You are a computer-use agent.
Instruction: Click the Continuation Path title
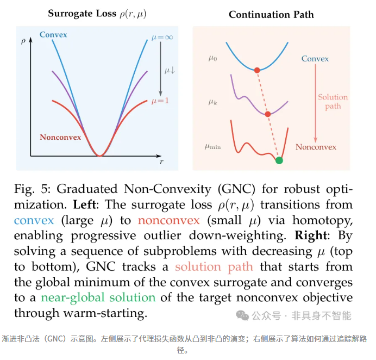pyautogui.click(x=271, y=14)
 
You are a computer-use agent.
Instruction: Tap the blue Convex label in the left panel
pyautogui.click(x=53, y=35)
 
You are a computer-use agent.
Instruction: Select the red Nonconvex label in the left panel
pyautogui.click(x=60, y=138)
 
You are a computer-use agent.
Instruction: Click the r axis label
pyautogui.click(x=161, y=162)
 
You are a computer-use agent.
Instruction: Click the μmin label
pyautogui.click(x=214, y=146)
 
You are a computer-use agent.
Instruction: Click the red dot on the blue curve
pyautogui.click(x=257, y=70)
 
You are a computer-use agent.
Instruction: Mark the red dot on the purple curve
pyautogui.click(x=267, y=114)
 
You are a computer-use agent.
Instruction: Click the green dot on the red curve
pyautogui.click(x=279, y=160)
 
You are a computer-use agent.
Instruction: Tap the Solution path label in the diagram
pyautogui.click(x=333, y=102)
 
